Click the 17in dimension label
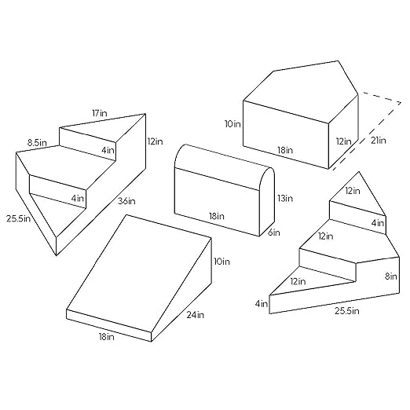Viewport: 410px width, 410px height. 100,113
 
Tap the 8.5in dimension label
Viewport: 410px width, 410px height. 37,143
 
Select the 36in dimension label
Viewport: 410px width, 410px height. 126,201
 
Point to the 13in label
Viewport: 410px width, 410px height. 285,198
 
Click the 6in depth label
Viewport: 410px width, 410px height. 274,232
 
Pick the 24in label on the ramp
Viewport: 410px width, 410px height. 196,315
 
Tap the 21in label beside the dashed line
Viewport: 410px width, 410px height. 379,141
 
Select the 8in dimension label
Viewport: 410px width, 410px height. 391,276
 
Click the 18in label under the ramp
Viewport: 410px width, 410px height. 107,337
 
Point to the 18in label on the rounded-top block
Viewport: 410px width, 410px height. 217,216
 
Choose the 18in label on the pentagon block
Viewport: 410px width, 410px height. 285,150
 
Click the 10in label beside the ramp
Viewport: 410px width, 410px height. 221,262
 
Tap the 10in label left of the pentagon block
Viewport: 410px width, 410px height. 232,124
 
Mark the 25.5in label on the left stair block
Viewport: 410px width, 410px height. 19,218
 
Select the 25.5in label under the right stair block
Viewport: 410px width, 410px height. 347,311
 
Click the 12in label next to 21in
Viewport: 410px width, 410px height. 344,141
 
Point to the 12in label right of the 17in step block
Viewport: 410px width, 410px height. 155,141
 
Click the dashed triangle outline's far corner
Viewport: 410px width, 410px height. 401,103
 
